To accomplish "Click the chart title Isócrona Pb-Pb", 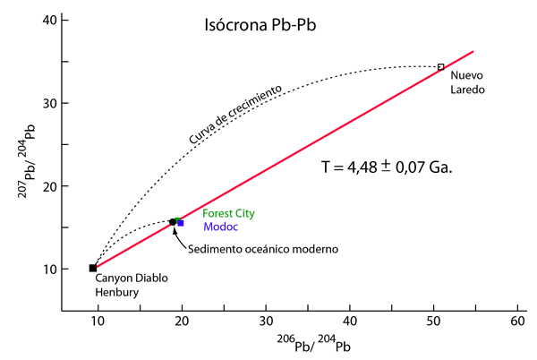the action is tap(260, 25).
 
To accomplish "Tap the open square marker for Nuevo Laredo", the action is tap(440, 67).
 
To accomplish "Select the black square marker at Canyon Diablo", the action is tap(93, 268).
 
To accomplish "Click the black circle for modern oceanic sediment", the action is tap(173, 222).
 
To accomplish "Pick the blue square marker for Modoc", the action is tap(181, 223).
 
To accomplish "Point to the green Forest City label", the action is tap(228, 213).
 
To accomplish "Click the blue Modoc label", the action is tap(220, 227).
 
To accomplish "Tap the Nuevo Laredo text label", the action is tap(467, 82).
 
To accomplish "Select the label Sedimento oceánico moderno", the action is tap(263, 249).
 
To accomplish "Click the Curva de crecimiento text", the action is tap(235, 115).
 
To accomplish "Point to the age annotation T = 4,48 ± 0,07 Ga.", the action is tap(387, 167).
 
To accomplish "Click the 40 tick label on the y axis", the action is tap(50, 21).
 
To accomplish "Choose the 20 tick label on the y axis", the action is tap(50, 186).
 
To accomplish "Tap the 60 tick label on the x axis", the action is tap(517, 321).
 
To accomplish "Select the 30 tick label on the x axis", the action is tap(266, 321).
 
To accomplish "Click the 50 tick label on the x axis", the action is tap(433, 321).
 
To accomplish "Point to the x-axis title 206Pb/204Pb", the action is tap(314, 344).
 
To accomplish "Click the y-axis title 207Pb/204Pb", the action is tap(27, 161).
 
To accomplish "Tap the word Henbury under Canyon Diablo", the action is tap(116, 292).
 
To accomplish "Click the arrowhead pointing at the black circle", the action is tap(175, 230).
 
